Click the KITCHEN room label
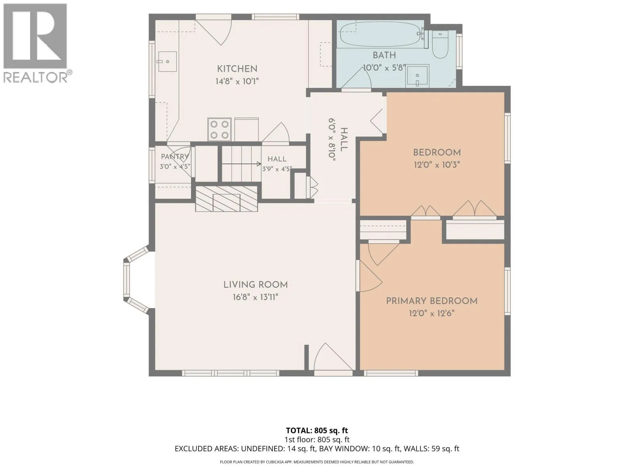tap(237, 69)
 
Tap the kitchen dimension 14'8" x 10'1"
tap(237, 81)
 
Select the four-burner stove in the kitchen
tap(219, 129)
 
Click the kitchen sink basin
tap(167, 61)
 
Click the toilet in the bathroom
tap(440, 44)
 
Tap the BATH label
tap(384, 55)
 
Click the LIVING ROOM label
tap(256, 285)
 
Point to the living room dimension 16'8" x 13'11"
tap(256, 297)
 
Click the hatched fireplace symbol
tap(226, 199)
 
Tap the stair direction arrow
tap(241, 164)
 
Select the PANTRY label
tap(175, 157)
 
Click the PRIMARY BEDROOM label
tap(432, 301)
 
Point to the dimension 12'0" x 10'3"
tap(437, 165)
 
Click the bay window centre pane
tap(126, 279)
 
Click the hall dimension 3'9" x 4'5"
tap(277, 169)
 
